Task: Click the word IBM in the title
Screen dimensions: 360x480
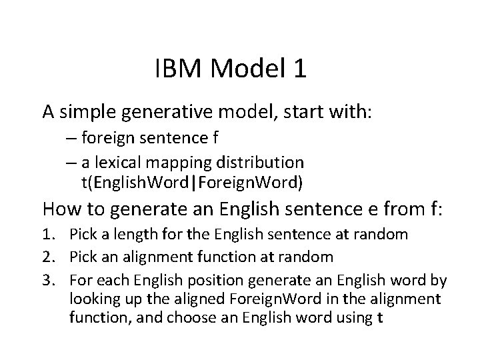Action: [174, 69]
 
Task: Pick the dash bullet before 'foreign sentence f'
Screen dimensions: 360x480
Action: [71, 140]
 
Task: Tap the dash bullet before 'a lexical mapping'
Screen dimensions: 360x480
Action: [71, 162]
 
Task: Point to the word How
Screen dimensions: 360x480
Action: [59, 209]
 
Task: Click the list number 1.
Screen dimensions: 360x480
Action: [49, 235]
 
